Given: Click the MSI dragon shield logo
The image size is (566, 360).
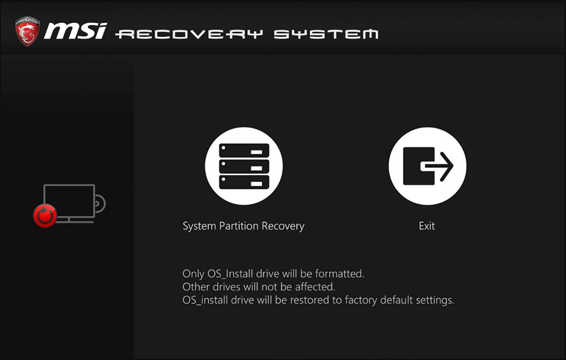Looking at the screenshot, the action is [28, 31].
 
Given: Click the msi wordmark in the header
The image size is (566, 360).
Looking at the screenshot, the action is [75, 31].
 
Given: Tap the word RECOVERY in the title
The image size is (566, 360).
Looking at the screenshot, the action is [189, 34].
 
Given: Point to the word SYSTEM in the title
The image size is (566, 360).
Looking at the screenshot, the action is [326, 34].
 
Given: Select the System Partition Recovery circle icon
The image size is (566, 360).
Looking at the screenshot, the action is [244, 166].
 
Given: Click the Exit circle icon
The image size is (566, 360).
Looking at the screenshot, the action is [427, 166].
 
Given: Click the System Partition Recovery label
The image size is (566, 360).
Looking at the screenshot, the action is [243, 226].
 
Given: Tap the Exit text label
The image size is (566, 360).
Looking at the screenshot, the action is [427, 226].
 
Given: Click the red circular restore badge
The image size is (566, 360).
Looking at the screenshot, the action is [45, 216].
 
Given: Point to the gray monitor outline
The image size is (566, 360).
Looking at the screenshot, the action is [70, 184].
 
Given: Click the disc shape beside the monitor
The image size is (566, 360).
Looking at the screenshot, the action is [101, 204].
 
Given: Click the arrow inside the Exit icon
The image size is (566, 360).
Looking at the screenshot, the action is [437, 166].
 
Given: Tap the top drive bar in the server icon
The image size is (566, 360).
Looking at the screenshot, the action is [244, 150].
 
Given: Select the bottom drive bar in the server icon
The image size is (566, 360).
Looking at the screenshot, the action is [244, 182].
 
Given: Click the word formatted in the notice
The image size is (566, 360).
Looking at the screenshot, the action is [340, 274].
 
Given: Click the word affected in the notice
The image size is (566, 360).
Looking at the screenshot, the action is [315, 287].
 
